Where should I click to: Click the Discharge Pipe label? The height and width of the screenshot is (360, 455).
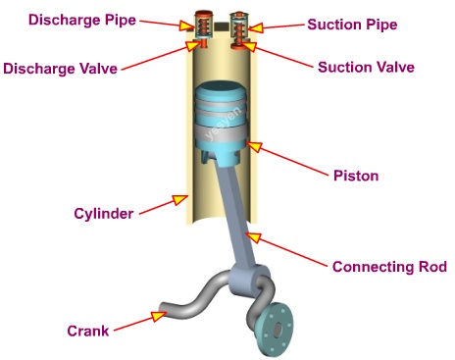tap(68, 20)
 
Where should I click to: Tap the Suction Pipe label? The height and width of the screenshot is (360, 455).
tap(352, 25)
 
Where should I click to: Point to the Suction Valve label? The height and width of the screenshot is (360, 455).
tap(366, 68)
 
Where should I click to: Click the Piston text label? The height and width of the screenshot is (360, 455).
tap(355, 176)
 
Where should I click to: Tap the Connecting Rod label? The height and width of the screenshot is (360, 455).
tap(389, 266)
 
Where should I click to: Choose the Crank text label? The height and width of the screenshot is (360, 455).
tap(87, 331)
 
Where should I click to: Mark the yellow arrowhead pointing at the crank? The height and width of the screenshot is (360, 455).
tap(157, 316)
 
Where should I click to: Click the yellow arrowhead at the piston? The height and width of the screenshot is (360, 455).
tap(256, 147)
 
